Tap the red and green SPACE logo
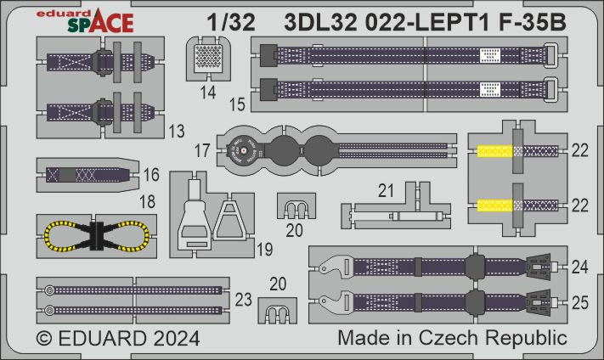(93, 25)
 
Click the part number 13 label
(177, 132)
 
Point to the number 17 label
(203, 149)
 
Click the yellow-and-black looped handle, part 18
(99, 231)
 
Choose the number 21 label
(387, 192)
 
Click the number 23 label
(243, 299)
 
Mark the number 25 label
(580, 301)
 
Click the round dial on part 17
(242, 153)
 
